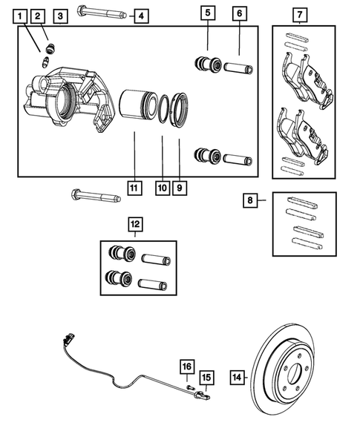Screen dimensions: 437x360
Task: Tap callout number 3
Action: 61,15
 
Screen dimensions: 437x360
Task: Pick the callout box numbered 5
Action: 208,13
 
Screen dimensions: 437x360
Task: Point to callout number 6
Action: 238,13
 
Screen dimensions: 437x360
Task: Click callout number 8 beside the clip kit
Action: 251,200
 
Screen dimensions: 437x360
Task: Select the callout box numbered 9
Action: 180,188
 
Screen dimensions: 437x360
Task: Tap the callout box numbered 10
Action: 162,188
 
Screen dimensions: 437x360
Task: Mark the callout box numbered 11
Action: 134,188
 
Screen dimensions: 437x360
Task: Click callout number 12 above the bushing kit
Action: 134,223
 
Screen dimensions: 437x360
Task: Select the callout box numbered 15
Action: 207,378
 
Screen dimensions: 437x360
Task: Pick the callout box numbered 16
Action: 187,366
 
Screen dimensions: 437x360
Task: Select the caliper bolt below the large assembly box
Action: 94,196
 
